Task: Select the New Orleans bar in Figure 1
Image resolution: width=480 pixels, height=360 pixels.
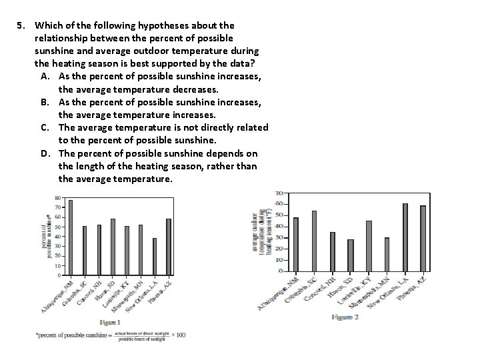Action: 155,256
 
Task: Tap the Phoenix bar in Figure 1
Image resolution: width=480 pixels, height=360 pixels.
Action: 169,247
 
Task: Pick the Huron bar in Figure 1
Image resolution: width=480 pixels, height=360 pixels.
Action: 113,247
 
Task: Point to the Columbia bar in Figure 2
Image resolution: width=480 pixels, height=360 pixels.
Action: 314,241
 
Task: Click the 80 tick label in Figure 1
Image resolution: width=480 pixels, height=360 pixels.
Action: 57,198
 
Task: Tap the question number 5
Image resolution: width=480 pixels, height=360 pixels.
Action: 21,25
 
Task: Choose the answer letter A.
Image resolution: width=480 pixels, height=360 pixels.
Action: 44,77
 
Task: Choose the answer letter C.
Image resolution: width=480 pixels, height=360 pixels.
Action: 44,127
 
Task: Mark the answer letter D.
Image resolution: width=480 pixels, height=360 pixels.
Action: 44,153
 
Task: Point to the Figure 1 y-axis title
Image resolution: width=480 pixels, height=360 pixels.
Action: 46,236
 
